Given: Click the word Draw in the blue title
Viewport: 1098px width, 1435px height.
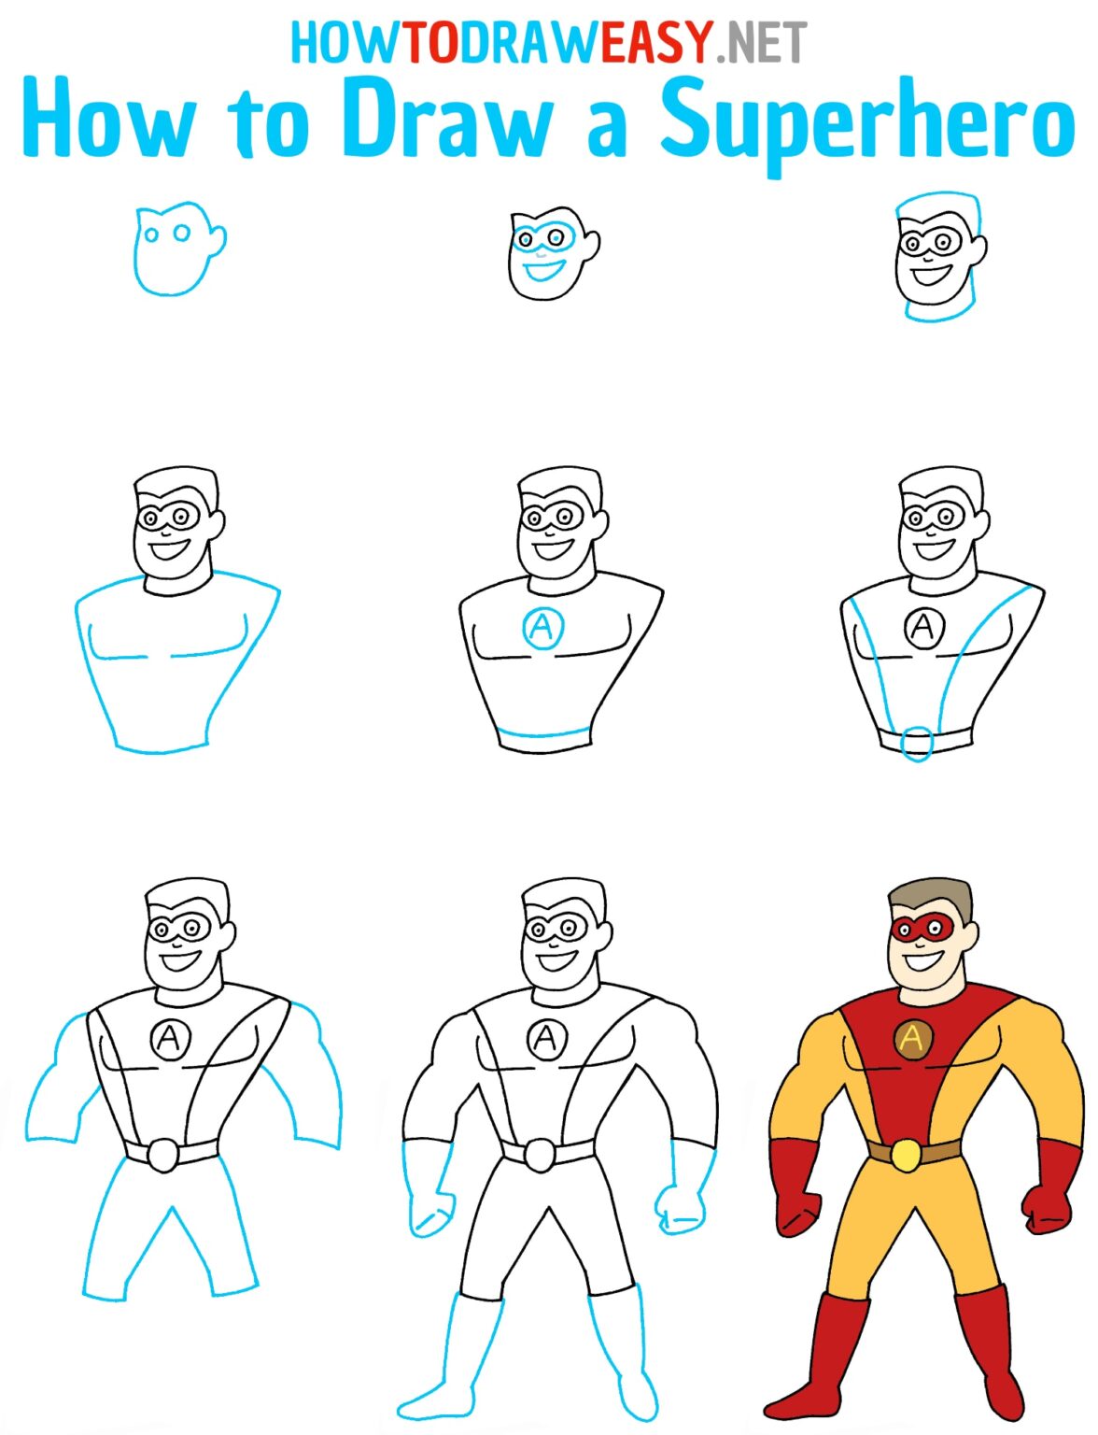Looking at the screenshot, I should (x=446, y=120).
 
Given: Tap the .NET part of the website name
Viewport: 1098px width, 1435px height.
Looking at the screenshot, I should (x=761, y=43).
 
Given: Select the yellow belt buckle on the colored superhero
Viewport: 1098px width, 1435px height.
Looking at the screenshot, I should (x=905, y=1155).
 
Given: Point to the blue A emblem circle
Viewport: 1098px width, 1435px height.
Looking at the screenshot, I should (x=542, y=627).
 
